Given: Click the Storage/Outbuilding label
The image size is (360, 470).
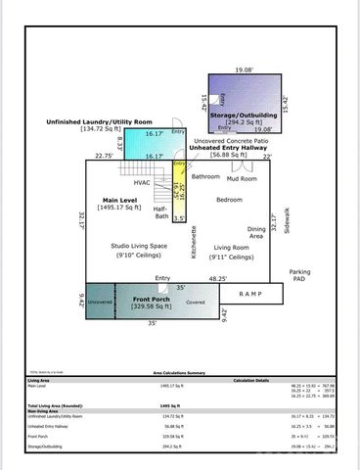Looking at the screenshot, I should tap(245, 114).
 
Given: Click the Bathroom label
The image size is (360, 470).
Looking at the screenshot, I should tap(205, 177).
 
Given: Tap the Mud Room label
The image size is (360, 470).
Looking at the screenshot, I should tap(242, 179).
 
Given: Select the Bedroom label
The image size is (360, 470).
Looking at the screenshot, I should tap(229, 200).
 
